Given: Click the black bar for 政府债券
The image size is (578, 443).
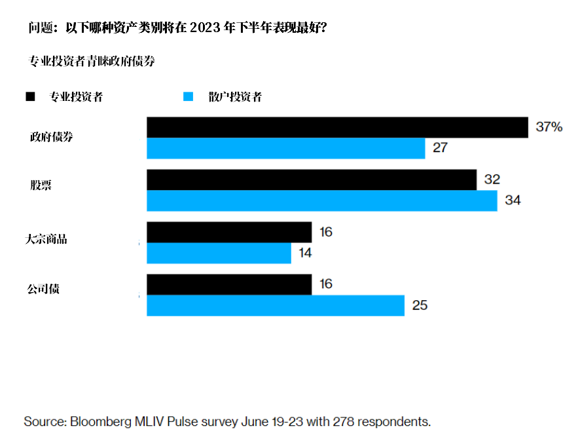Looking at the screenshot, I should coord(337,128).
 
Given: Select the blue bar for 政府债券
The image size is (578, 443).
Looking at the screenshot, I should coord(285,149).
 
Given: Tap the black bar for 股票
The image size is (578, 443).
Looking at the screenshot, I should coord(311,180).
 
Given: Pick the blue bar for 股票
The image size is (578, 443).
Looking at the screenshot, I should coord(321,201).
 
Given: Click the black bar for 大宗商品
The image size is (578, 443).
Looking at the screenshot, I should coord(229,233).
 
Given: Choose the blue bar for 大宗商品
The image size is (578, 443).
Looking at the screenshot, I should coord(219,254).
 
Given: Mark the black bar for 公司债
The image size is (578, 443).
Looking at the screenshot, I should coord(229,285).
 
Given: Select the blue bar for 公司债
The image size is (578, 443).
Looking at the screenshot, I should coord(275,306).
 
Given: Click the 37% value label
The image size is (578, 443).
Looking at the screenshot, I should coord(549,128).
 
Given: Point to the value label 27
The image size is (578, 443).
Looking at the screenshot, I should coord(440,148).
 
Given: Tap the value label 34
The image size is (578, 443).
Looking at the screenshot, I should coord(513,201).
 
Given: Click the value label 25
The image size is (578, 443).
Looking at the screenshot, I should coord(420,305).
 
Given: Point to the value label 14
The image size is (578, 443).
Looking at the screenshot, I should coord(306,253).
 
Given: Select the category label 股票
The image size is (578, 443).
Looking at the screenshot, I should coord(41,185).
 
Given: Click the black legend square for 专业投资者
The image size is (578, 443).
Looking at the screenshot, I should coord(30,97).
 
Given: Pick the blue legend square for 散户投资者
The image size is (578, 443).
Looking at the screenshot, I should coord(189,97).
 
